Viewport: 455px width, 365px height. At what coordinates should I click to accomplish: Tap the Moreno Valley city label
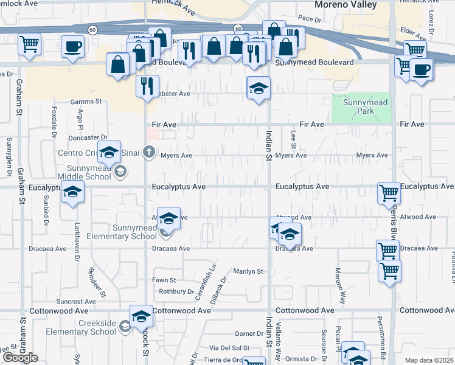pyautogui.click(x=345, y=5)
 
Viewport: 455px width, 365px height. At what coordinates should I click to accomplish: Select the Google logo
pyautogui.click(x=20, y=358)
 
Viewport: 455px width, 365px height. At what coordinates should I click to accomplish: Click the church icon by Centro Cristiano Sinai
pyautogui.click(x=150, y=152)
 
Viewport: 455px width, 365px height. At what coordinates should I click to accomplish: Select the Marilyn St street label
pyautogui.click(x=248, y=271)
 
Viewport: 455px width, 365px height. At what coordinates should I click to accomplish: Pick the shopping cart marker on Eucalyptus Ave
pyautogui.click(x=389, y=193)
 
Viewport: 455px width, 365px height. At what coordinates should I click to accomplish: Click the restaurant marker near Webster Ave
pyautogui.click(x=147, y=86)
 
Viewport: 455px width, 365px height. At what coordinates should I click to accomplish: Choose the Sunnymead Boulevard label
pyautogui.click(x=314, y=63)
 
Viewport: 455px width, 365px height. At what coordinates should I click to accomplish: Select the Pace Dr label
pyautogui.click(x=309, y=19)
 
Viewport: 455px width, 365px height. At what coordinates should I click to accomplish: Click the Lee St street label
pyautogui.click(x=294, y=141)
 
